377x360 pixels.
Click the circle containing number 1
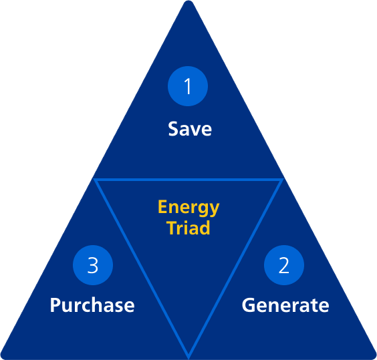tap(188, 86)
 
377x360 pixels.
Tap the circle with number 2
tap(284, 265)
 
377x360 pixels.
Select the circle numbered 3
tap(93, 265)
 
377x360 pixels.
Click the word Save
tap(190, 129)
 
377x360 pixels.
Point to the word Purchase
tap(92, 305)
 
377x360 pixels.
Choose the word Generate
tap(285, 305)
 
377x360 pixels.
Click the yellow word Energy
tap(188, 208)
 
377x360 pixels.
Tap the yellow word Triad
tap(188, 228)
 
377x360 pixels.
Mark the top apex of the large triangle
tap(188, 1)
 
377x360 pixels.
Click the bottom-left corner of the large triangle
tap(2, 358)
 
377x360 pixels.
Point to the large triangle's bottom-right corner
tap(375, 358)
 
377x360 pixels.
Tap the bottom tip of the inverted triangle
tap(188, 358)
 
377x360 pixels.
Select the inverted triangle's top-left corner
tap(95, 180)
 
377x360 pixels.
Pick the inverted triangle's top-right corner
tap(282, 180)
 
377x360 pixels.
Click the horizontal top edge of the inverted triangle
tap(188, 180)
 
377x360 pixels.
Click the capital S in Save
tap(173, 129)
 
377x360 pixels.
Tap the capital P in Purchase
tap(55, 305)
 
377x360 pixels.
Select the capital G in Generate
tap(249, 305)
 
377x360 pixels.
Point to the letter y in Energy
tap(213, 210)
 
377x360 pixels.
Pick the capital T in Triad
tap(172, 227)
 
